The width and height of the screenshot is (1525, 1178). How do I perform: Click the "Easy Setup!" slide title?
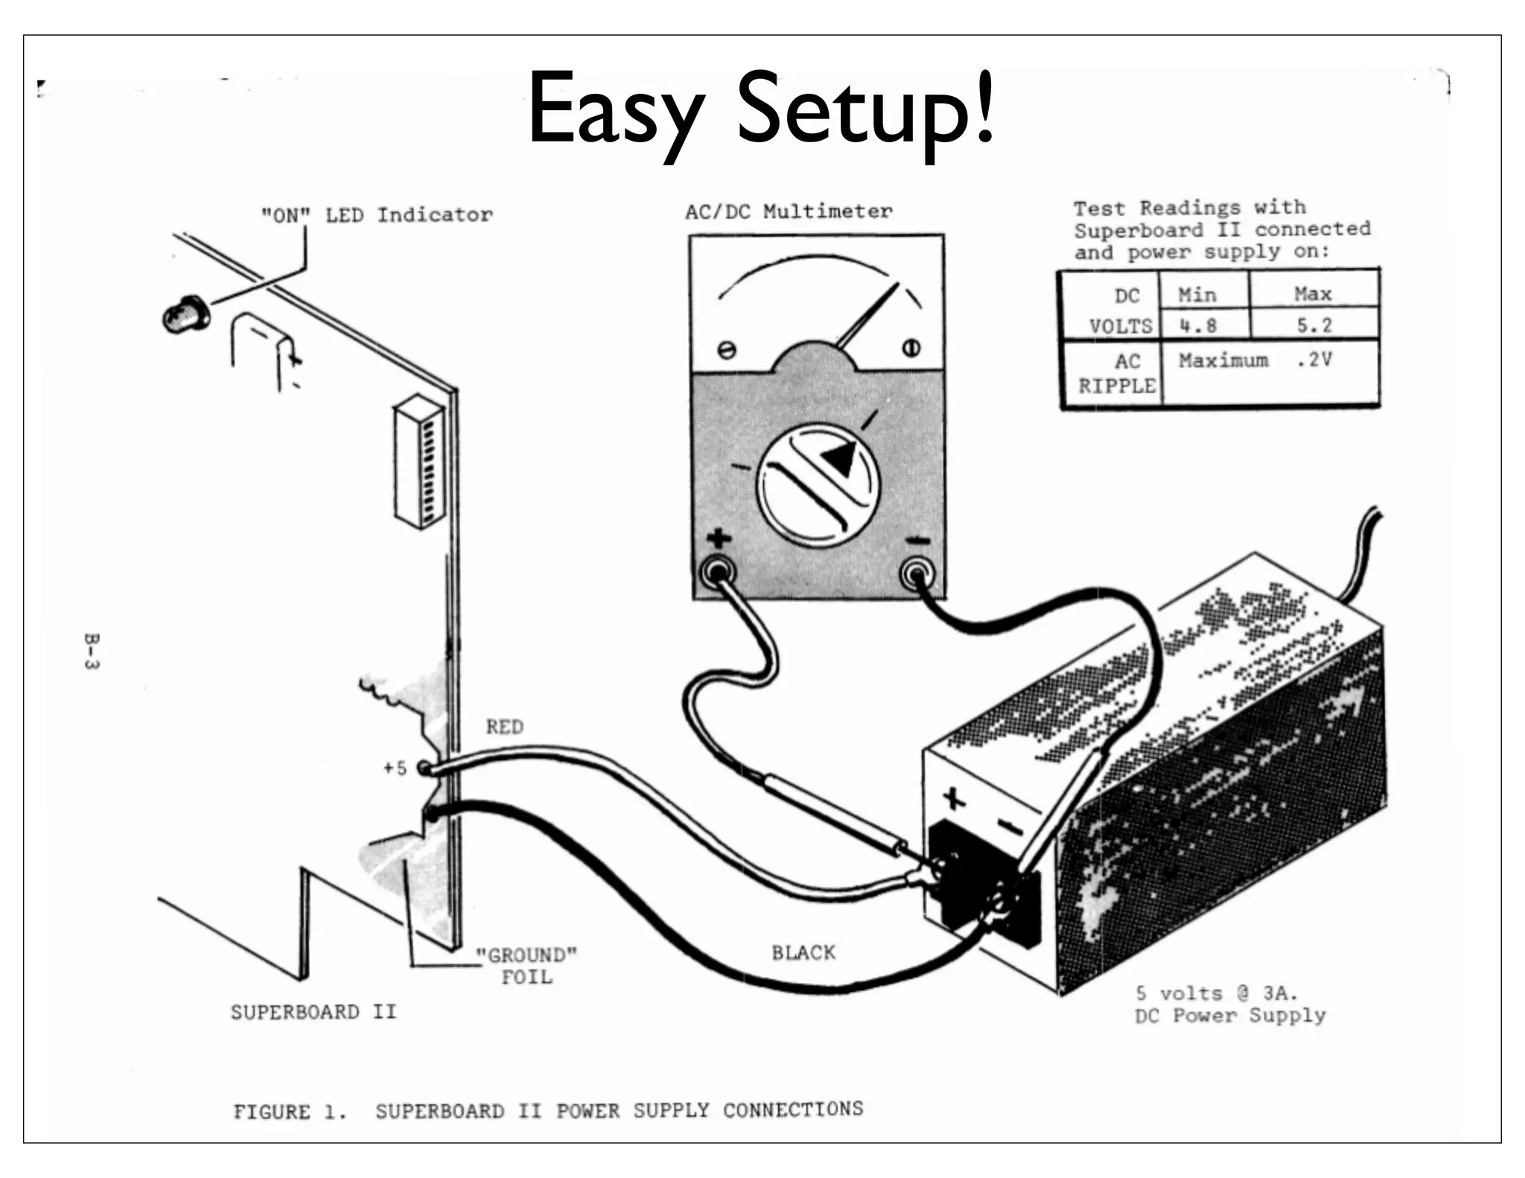click(x=760, y=112)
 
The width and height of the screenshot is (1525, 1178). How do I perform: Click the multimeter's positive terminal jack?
click(x=718, y=572)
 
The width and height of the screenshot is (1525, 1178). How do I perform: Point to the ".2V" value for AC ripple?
click(x=1314, y=360)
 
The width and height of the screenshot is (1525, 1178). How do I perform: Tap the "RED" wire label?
click(x=505, y=727)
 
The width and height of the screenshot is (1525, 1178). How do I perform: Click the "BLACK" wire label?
click(x=803, y=953)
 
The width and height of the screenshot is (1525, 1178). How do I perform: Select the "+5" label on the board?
click(x=395, y=768)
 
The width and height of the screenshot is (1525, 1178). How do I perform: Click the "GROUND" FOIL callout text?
click(x=526, y=966)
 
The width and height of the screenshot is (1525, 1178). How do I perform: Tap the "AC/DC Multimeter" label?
click(x=789, y=212)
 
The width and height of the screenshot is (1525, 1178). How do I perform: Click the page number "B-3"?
click(x=91, y=652)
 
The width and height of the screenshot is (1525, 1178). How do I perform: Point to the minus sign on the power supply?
click(x=1010, y=826)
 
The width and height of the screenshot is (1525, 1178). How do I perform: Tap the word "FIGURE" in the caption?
click(x=272, y=1112)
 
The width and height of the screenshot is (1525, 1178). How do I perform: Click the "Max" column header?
click(x=1313, y=294)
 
